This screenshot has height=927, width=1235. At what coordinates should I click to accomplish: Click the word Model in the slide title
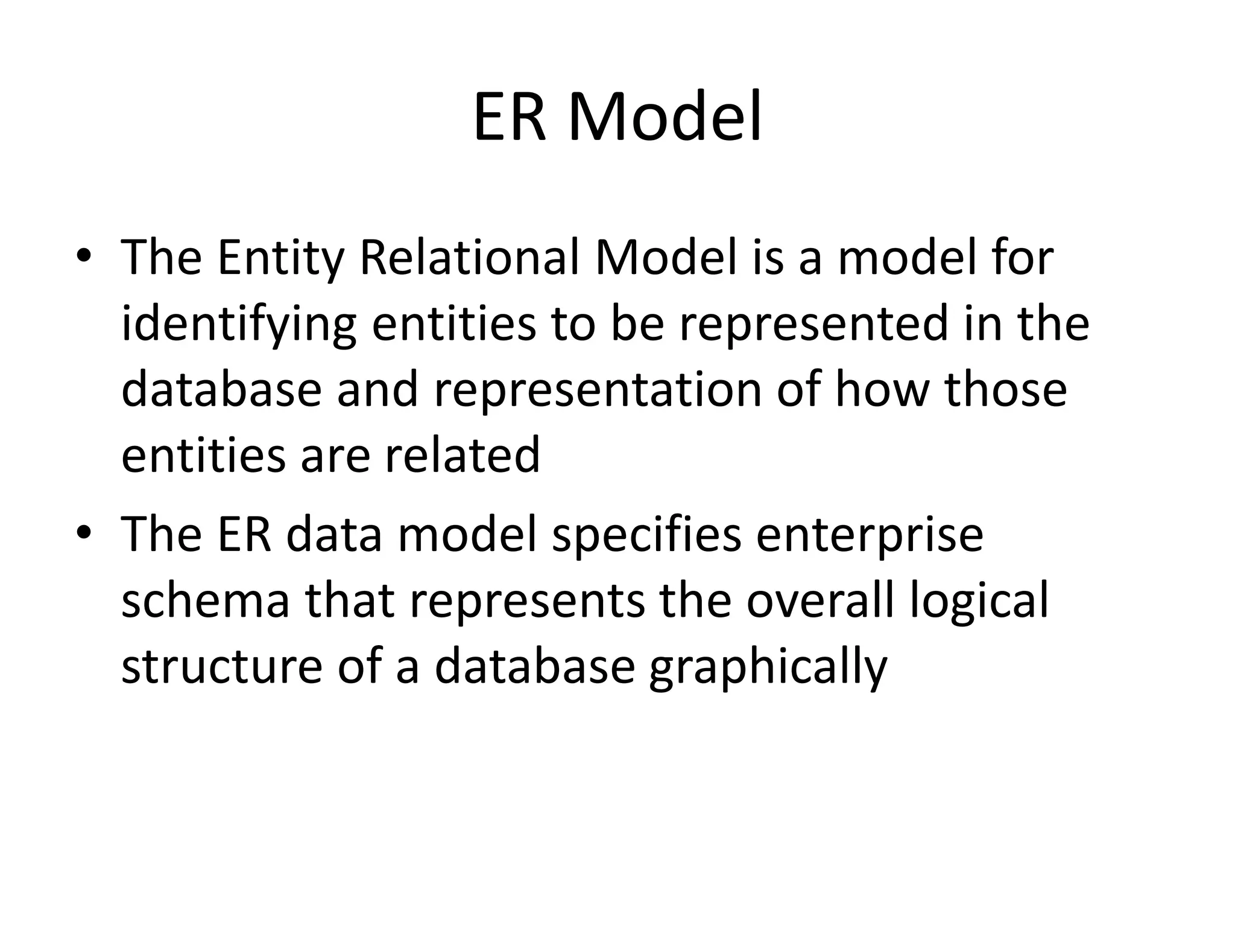pyautogui.click(x=665, y=118)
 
